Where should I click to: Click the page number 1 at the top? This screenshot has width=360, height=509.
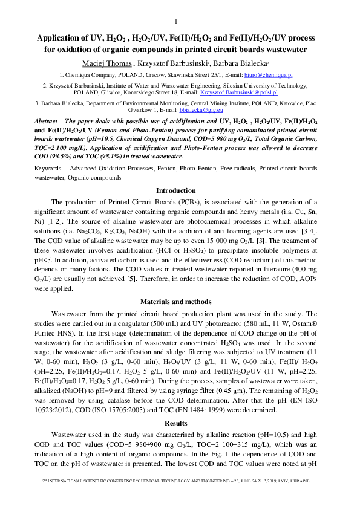click(x=175, y=21)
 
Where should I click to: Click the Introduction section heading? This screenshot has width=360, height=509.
click(x=175, y=190)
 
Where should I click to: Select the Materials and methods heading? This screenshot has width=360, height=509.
click(x=175, y=301)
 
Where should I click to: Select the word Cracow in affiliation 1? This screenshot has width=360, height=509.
click(x=164, y=75)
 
